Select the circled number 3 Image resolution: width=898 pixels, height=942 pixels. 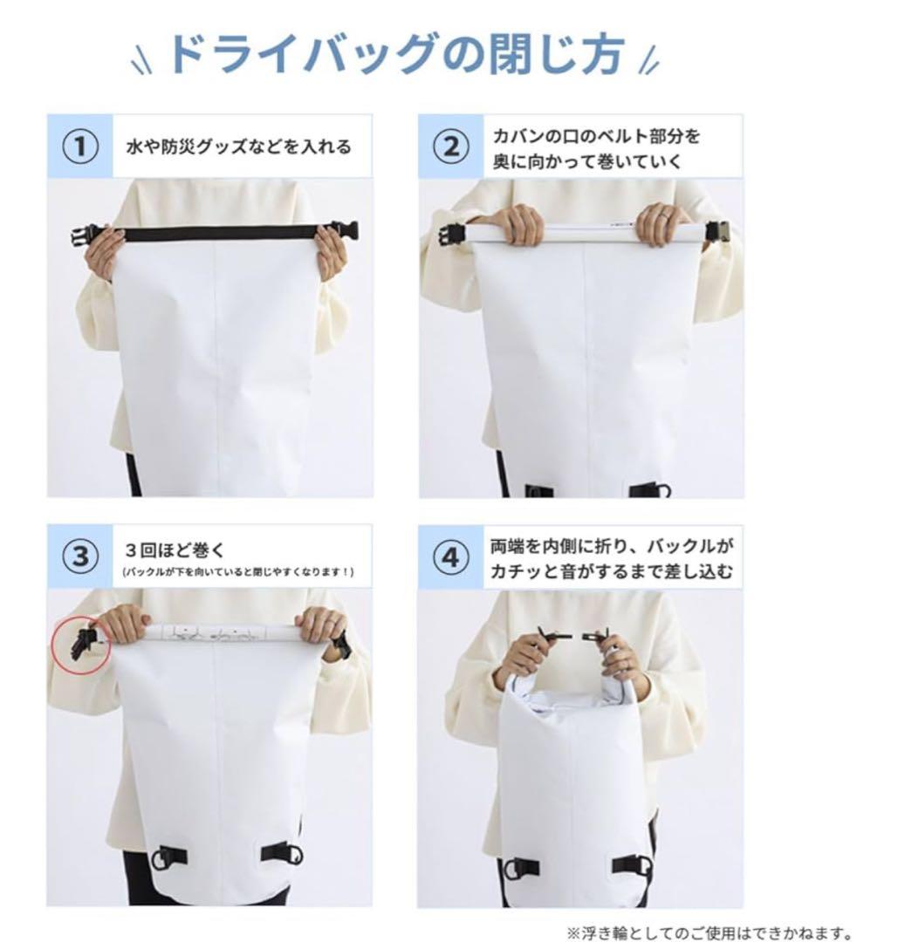coord(80,556)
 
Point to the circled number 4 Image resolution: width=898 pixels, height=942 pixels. coord(451,558)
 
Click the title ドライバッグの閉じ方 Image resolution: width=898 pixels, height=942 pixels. coord(396,54)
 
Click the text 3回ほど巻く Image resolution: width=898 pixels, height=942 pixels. coord(175,549)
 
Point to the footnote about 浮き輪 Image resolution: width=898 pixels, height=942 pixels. coord(709,932)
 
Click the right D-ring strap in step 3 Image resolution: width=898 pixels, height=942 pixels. coord(283,854)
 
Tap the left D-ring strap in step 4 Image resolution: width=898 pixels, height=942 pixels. coord(520,869)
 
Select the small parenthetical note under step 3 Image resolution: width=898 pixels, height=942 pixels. coord(238,571)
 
